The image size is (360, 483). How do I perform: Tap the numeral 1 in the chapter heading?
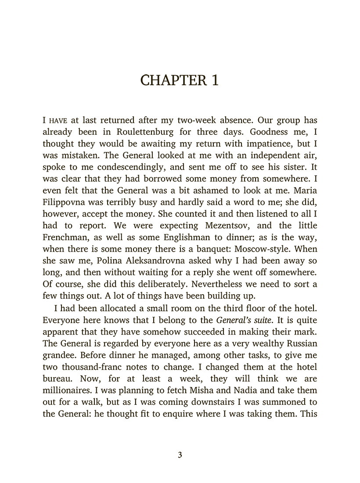214,81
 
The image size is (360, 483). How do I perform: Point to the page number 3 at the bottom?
180,455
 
